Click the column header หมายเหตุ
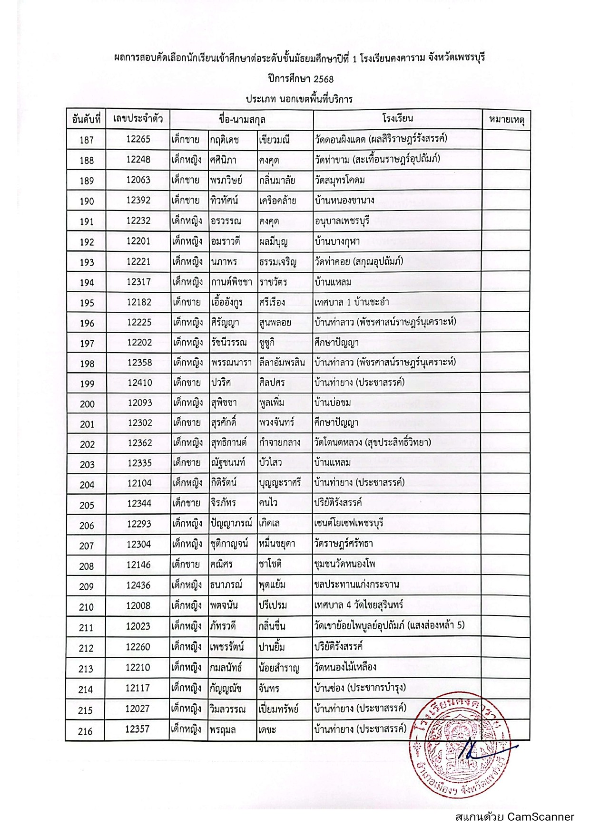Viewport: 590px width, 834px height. pos(506,120)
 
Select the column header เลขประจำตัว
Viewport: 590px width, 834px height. pos(138,119)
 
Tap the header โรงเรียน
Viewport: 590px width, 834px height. pos(397,118)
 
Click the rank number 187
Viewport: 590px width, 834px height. pos(87,140)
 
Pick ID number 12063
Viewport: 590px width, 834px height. pos(138,180)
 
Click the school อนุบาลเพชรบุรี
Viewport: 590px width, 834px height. pos(342,221)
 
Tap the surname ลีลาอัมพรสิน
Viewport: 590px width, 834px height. pos(282,363)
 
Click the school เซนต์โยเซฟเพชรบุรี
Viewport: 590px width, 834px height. pos(349,524)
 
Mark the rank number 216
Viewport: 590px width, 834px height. pos(86,731)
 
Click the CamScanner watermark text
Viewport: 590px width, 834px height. pos(514,817)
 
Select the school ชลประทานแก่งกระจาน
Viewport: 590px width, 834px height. pos(356,585)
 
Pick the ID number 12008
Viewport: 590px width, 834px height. pos(138,606)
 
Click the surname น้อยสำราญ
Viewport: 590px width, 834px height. pos(279,668)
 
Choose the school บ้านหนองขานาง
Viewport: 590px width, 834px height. pos(344,201)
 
